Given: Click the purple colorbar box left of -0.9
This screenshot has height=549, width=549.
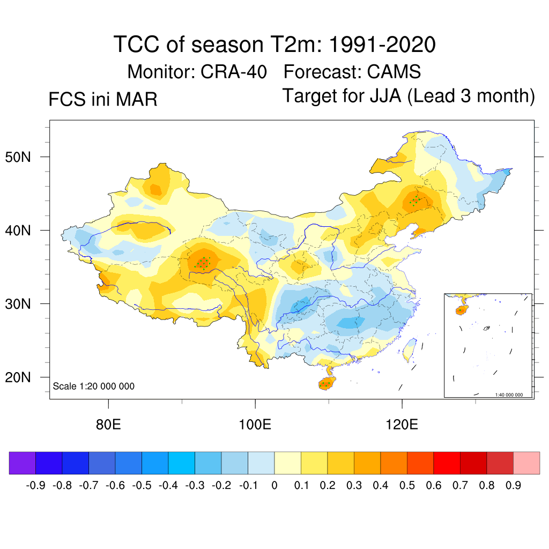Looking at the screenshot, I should [x=23, y=463].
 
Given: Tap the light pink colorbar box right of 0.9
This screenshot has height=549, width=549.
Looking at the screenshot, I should [x=526, y=463].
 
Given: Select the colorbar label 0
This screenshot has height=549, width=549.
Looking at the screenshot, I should [x=274, y=486].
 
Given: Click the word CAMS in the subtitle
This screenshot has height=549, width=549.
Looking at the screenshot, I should [x=394, y=71].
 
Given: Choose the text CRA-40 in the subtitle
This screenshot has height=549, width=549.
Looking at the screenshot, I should [x=234, y=71].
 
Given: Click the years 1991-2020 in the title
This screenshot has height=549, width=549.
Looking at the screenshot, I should [x=381, y=45].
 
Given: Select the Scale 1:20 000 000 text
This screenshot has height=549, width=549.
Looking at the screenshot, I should [x=94, y=387].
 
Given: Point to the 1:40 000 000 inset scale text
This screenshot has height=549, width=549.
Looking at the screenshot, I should [x=513, y=395].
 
